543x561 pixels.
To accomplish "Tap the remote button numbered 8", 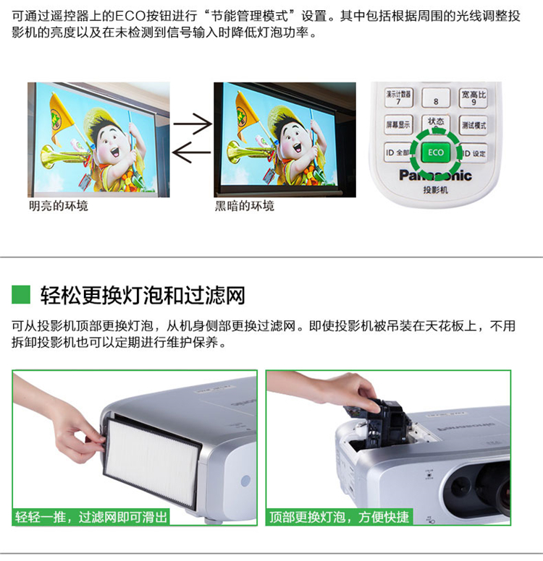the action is [x=436, y=98].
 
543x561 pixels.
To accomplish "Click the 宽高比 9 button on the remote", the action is [x=473, y=98].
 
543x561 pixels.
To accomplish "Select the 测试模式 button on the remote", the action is [x=473, y=125].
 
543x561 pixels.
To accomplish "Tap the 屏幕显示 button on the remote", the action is [x=398, y=124].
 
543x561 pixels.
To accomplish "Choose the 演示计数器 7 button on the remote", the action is [x=398, y=98].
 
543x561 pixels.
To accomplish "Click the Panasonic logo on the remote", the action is [x=435, y=175].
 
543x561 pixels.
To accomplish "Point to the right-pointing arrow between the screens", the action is [x=193, y=124].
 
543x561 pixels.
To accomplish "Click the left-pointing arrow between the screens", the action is [x=192, y=153].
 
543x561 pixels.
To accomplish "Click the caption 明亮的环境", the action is [x=59, y=206].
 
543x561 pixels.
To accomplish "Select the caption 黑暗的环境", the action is [x=245, y=206].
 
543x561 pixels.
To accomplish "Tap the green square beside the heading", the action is [x=21, y=294].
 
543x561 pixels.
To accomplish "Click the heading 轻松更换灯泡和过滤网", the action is [x=143, y=295].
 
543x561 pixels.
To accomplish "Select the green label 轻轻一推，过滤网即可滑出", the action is [x=91, y=517].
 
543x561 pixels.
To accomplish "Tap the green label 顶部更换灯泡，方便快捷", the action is [x=339, y=517].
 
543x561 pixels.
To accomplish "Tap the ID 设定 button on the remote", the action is [x=473, y=153].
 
